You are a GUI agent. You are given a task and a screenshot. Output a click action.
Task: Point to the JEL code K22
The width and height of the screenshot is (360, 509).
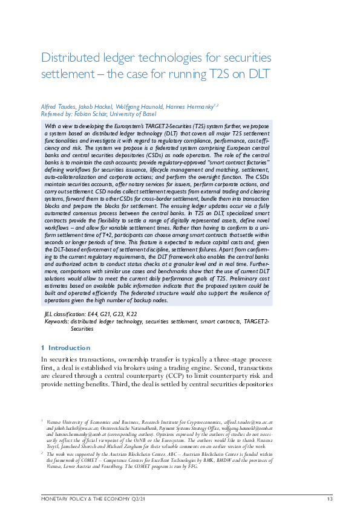131,314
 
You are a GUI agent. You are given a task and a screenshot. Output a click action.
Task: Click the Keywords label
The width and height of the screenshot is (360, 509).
56,322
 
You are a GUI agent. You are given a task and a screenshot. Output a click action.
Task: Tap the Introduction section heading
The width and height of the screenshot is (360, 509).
68,348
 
